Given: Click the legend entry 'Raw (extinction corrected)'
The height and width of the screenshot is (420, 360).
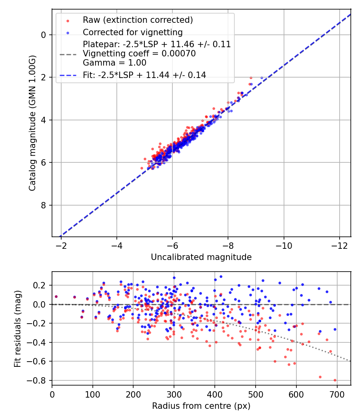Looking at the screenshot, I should point(138,20).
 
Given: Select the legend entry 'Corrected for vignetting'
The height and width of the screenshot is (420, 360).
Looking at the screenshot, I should point(132,32).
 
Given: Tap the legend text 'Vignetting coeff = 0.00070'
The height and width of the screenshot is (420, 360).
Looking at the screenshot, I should point(139,54).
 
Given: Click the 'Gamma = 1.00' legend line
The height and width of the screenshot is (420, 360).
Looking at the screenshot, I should point(114,63).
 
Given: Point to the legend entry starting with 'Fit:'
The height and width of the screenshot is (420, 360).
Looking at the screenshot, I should point(144,75).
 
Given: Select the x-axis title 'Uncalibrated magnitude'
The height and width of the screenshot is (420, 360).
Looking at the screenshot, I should point(201,257).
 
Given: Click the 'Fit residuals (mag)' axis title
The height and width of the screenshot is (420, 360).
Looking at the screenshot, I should point(17,328).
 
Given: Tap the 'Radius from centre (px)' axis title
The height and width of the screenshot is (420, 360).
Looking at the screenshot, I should point(201,406).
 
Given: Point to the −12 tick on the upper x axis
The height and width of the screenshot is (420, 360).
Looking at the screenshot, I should point(339,244).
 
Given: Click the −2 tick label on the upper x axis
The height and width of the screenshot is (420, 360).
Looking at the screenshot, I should point(61,244).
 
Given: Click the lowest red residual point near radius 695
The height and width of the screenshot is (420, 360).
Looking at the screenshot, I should point(335,380).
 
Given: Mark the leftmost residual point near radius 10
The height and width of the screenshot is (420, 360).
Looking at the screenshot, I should point(56,296).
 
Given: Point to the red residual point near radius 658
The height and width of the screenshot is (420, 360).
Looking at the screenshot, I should point(320,377).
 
